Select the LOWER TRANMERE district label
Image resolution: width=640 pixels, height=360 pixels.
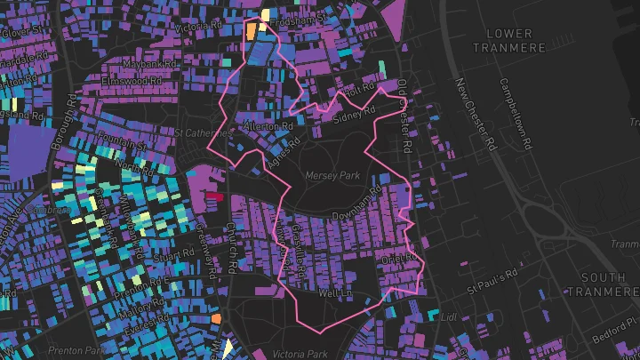(x=503, y=41)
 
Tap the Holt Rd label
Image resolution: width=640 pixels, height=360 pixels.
(x=358, y=90)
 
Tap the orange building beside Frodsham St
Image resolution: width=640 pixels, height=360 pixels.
(x=252, y=29)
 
